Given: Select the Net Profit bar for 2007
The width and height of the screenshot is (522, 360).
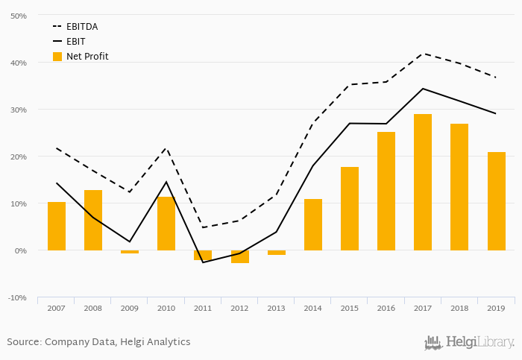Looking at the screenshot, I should tap(57, 226).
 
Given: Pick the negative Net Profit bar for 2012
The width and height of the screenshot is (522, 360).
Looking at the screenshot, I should tap(240, 256).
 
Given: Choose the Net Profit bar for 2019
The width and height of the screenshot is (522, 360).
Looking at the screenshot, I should tap(497, 201).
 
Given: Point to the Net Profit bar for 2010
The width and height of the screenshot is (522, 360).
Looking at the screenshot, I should tap(166, 224).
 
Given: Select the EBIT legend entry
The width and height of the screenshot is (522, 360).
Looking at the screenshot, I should tap(75, 42).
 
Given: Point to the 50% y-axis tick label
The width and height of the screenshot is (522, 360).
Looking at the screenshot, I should tap(18, 16).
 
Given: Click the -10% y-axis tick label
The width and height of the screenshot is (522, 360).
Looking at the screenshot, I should tap(17, 297).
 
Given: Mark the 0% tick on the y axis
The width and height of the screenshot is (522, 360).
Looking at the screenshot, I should tap(20, 250).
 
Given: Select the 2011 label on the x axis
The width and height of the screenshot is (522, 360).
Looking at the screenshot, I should tap(203, 307).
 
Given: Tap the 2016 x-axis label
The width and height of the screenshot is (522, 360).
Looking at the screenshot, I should tap(386, 307).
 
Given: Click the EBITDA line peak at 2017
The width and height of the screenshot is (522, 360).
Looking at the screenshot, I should tap(423, 54).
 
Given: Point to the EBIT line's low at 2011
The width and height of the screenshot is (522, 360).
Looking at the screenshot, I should tap(203, 262).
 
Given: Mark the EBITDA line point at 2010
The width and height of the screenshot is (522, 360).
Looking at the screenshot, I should tap(166, 148).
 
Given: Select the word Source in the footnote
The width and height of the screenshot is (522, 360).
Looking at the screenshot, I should tap(23, 342).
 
